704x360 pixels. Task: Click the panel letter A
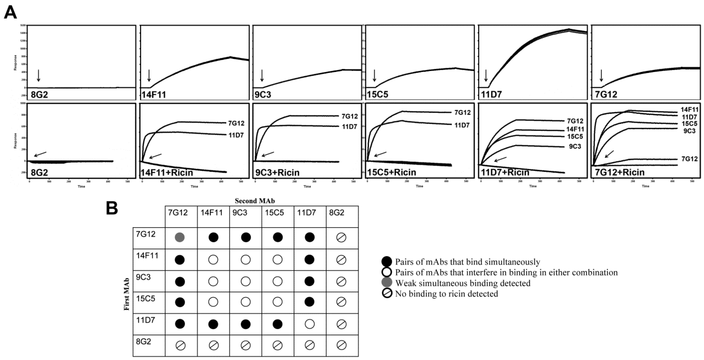point(10,13)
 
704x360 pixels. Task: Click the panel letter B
point(112,209)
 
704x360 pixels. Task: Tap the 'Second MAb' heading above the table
point(255,201)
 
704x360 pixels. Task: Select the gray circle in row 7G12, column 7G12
point(180,237)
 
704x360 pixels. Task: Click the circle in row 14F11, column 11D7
point(309,259)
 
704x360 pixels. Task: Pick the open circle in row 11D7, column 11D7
point(309,324)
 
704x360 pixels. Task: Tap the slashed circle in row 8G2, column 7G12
point(180,346)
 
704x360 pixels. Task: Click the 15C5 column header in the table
point(274,213)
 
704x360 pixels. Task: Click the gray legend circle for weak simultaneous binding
point(387,283)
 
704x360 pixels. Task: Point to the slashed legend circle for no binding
point(387,293)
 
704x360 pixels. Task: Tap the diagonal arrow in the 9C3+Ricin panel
point(268,154)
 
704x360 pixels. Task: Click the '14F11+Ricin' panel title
point(167,173)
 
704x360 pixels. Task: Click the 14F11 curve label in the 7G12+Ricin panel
point(689,110)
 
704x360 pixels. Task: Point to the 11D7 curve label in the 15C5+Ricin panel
point(462,125)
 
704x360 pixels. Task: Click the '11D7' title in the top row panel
point(491,95)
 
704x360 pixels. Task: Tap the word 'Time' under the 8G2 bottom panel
point(81,186)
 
